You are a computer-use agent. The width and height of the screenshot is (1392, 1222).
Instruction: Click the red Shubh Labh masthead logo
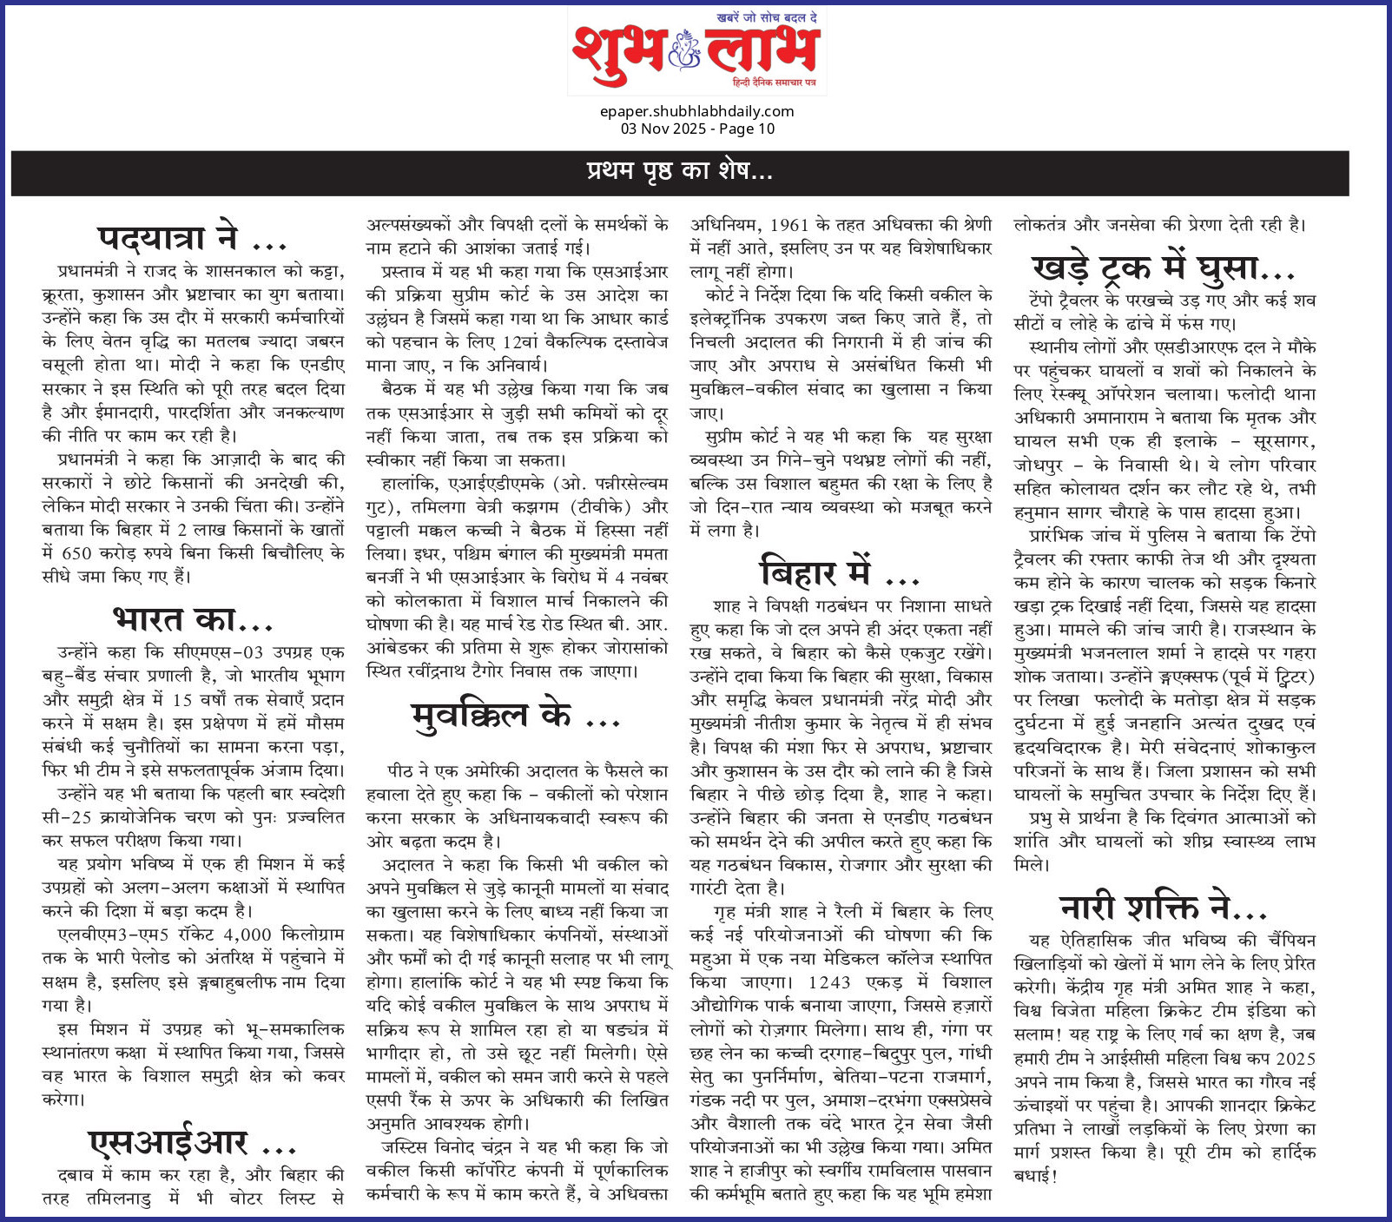pos(696,51)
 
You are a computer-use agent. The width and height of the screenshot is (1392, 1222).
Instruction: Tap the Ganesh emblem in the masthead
pos(684,54)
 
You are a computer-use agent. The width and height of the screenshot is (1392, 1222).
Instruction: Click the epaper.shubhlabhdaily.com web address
pos(696,111)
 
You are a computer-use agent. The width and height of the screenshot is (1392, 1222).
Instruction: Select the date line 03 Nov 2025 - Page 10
pos(696,129)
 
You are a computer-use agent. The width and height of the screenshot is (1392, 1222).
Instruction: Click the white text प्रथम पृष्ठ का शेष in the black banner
pos(679,171)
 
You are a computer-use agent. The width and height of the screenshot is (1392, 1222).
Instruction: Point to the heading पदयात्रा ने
pos(191,237)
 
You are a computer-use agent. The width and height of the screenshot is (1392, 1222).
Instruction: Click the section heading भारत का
pos(193,619)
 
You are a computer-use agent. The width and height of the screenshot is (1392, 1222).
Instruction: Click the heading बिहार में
pos(839,572)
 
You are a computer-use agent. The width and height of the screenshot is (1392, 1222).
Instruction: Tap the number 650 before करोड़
pos(77,553)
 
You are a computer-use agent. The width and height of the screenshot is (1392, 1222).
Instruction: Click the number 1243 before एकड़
pos(828,982)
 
